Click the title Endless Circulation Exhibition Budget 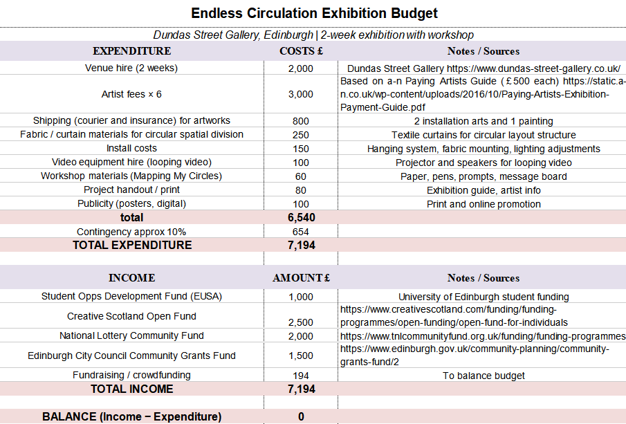314,13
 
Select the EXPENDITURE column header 131,51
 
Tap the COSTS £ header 301,51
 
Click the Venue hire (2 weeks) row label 131,68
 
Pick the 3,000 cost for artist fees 300,94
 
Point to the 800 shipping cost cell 301,121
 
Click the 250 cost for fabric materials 301,135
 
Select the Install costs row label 131,149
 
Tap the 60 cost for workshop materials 301,176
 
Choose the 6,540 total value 301,218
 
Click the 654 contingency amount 301,232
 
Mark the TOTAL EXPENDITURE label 132,245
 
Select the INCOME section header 131,278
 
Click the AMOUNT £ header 301,278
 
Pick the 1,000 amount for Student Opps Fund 301,297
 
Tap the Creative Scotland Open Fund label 131,316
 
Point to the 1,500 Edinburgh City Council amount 301,356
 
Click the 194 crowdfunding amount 301,376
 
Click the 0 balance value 301,416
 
